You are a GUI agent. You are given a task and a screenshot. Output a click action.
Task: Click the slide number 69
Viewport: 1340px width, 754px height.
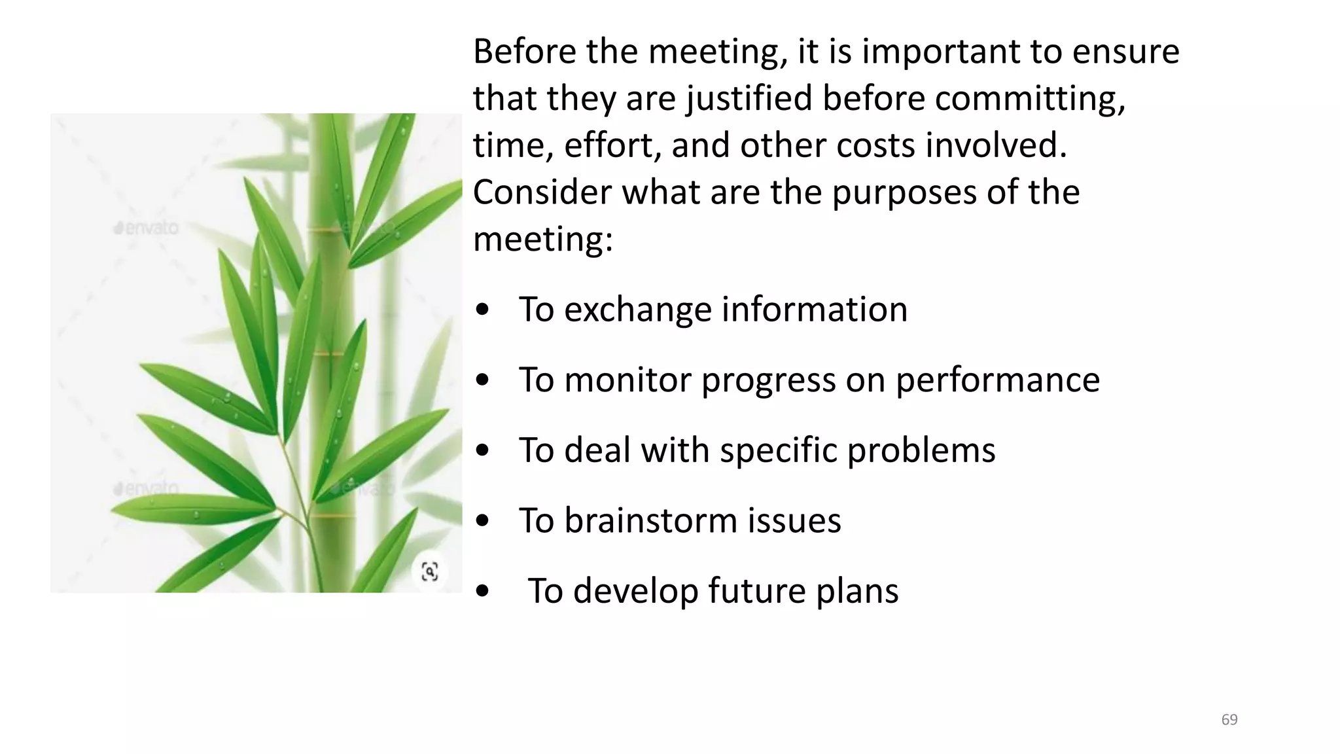pos(1229,720)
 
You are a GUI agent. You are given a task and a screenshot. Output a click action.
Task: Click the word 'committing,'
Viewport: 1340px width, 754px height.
pos(1030,99)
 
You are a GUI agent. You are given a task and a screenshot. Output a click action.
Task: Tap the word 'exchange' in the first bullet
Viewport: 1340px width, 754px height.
pos(637,310)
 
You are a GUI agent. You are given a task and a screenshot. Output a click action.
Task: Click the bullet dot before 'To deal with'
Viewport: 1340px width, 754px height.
pos(483,452)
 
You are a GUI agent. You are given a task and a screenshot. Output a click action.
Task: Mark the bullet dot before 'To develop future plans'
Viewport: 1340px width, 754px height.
pos(483,592)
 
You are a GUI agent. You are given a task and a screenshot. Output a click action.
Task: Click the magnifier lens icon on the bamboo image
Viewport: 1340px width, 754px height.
pos(429,571)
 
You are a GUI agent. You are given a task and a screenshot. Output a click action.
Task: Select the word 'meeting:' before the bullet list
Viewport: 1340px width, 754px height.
pos(543,239)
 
